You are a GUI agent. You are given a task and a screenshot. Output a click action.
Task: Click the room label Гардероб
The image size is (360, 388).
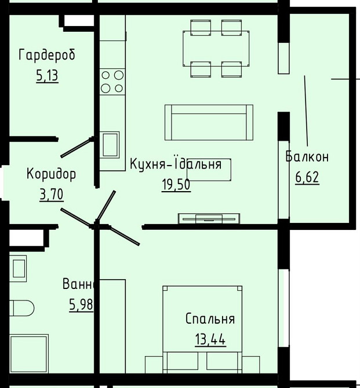(x=47, y=55)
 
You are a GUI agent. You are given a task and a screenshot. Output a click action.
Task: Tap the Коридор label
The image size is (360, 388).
(x=51, y=174)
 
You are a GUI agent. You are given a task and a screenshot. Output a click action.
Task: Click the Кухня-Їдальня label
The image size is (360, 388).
(x=176, y=164)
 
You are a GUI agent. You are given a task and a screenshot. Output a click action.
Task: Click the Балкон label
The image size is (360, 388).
(x=307, y=157)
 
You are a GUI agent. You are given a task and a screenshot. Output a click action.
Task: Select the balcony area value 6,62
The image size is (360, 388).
(x=307, y=177)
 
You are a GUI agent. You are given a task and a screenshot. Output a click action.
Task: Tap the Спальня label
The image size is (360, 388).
(x=210, y=319)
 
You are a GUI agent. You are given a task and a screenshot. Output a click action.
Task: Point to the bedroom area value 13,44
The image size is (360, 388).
(x=210, y=339)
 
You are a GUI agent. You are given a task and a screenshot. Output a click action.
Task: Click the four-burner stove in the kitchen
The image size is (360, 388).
(x=112, y=81)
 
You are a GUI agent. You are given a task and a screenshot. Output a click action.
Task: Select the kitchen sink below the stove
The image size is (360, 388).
(x=110, y=144)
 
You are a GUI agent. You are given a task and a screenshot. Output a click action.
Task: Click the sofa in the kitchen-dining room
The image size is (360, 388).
(x=209, y=122)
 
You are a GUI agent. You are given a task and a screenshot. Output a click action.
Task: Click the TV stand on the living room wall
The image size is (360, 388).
(x=208, y=218)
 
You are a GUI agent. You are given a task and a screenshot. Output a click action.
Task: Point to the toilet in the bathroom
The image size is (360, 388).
(x=21, y=309)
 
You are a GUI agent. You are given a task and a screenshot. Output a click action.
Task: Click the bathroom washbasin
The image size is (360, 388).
(x=18, y=269)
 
